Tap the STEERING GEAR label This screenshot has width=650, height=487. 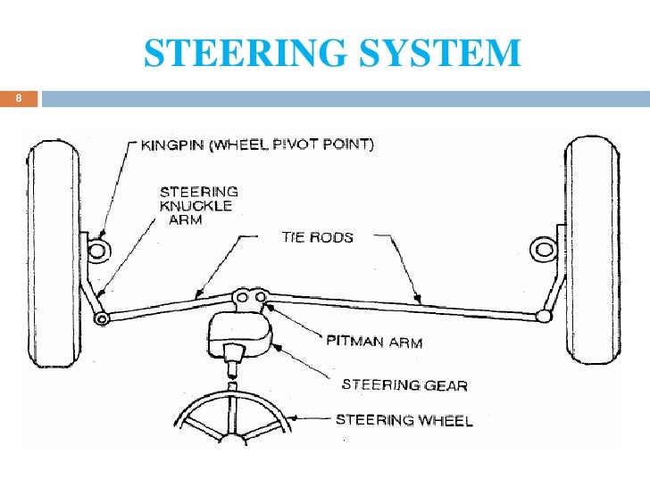pyautogui.click(x=404, y=385)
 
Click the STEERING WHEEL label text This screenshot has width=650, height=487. pyautogui.click(x=404, y=419)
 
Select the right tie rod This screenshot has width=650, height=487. pyautogui.click(x=402, y=305)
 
